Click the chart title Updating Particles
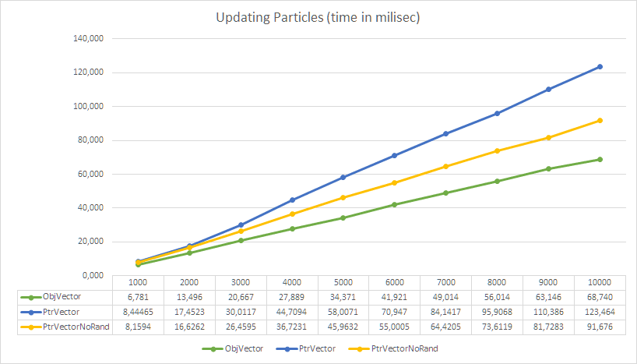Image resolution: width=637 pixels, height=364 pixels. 318,18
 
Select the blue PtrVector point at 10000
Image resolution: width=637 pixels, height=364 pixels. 600,67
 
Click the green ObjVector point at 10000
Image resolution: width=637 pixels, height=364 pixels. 600,159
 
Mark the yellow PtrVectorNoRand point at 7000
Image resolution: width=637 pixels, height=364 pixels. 445,166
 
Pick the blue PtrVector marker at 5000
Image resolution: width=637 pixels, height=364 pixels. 343,178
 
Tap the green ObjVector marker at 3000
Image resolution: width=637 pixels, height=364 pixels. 241,240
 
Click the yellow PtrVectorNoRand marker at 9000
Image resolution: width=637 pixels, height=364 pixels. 548,137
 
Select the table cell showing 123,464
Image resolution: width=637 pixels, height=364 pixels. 600,311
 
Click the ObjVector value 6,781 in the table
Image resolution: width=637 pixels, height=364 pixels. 138,297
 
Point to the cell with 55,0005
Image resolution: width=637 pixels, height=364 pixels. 394,326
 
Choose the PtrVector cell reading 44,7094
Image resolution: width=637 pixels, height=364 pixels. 291,311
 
